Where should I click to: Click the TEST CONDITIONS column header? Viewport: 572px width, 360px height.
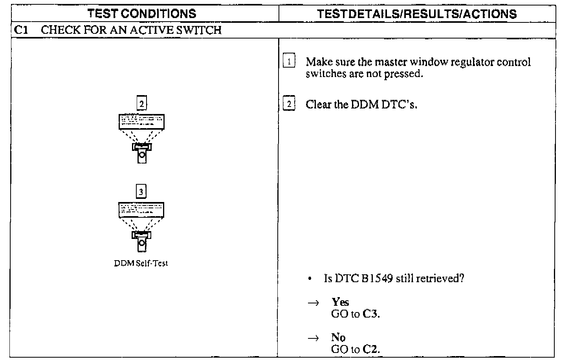tap(142, 14)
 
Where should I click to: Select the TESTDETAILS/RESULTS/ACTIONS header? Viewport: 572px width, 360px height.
tap(416, 14)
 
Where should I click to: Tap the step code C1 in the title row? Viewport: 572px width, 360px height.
tap(21, 30)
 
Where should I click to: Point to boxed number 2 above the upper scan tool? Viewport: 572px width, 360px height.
tap(141, 104)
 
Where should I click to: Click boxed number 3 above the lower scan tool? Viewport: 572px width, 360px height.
tap(141, 192)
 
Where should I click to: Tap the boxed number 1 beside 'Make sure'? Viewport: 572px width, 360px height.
tap(289, 62)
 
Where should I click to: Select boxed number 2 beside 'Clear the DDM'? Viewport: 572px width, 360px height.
tap(289, 104)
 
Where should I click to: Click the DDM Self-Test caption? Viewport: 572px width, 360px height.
tap(141, 263)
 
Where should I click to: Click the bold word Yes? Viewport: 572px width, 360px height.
tap(340, 302)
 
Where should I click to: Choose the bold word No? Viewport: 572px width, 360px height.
tap(338, 337)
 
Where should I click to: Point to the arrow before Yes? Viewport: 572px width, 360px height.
tap(313, 303)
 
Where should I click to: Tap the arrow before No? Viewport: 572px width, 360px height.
tap(313, 338)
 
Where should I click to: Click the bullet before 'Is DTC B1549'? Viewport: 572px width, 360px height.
tap(310, 279)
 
